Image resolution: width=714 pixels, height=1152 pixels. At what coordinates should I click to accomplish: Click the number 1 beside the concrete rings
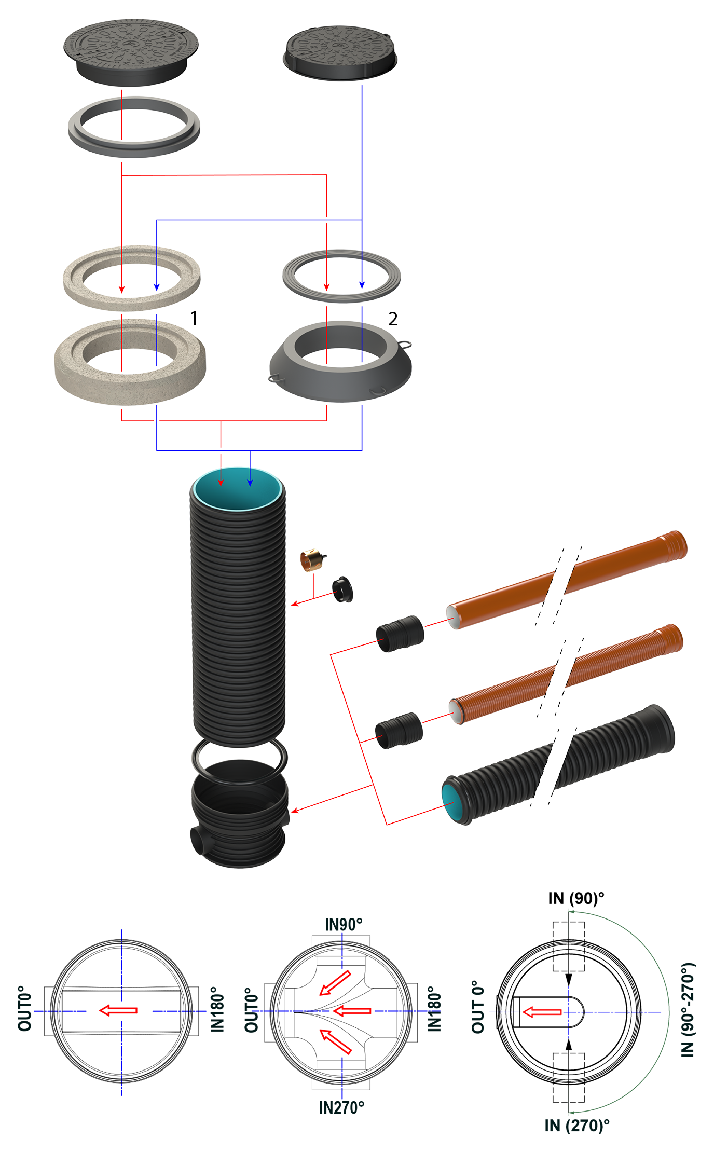click(194, 318)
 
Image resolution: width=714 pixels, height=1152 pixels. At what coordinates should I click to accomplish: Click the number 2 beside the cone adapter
click(393, 319)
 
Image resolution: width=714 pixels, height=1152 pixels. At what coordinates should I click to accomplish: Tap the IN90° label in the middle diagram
click(343, 924)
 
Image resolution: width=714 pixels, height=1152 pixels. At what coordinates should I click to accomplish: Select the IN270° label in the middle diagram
click(341, 1107)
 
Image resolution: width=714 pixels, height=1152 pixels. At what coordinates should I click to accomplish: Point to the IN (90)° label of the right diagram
click(576, 898)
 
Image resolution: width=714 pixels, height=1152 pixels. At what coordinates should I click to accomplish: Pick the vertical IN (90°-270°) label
click(688, 1009)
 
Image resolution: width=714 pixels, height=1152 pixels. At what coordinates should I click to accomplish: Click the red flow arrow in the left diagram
click(118, 1010)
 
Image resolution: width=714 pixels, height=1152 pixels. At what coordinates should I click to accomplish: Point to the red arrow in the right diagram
click(542, 1011)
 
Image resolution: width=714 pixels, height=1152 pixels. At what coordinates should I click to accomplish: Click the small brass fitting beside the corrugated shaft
click(311, 560)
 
